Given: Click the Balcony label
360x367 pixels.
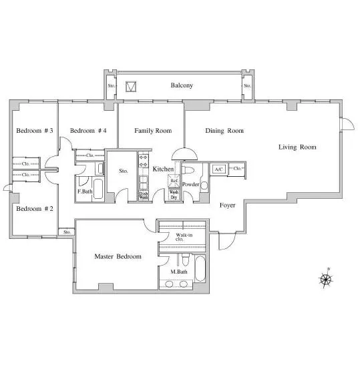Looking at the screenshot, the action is point(182,85).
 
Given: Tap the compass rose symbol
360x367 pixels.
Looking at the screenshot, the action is point(325,279).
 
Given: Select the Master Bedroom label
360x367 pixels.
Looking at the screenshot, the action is point(118,256).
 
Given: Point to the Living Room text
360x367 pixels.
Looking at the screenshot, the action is point(297,147).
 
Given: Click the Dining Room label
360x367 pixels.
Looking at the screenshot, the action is point(224,131).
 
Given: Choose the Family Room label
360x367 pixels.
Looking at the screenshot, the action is point(153,131).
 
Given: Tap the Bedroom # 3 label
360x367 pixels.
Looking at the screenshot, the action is point(35,131).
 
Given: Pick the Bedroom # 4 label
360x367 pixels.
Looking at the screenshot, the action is point(88,131).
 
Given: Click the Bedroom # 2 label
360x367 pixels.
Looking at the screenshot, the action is point(35,209).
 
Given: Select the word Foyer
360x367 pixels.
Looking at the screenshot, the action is point(228,206).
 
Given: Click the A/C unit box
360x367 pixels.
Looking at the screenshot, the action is point(219,169).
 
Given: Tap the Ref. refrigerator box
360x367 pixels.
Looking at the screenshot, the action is point(174,181).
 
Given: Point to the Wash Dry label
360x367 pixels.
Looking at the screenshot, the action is point(174,195).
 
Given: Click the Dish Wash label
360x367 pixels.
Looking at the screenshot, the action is point(144,196).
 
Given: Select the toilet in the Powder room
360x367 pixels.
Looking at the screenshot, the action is point(188,170).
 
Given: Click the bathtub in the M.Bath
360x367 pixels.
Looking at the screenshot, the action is point(200,269).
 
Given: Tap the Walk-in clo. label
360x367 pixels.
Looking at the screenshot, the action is point(184,237).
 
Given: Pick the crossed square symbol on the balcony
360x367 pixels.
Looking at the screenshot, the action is point(131,86).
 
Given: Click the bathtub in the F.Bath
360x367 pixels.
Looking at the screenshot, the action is point(98,189).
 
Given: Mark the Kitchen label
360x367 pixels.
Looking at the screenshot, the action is point(163,169).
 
